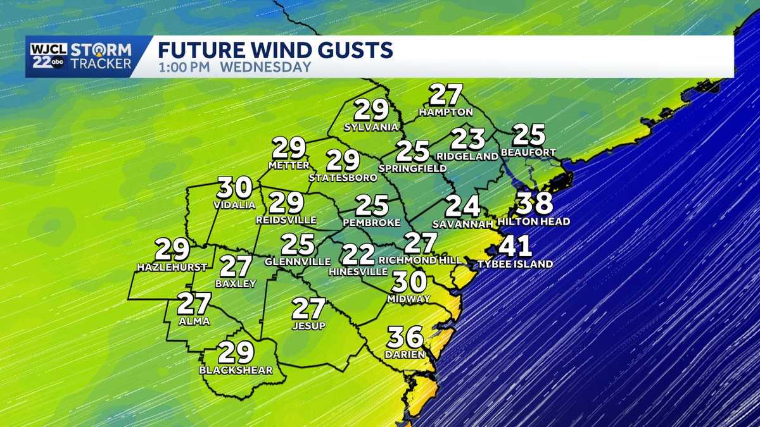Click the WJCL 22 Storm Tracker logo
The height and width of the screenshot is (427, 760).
click(79, 56)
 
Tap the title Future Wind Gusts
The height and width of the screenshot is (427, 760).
click(275, 49)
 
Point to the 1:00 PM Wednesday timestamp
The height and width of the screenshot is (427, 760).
click(234, 67)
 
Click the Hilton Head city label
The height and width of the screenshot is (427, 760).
click(534, 221)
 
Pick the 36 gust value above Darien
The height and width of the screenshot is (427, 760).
click(405, 337)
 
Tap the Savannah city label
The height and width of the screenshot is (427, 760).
click(462, 224)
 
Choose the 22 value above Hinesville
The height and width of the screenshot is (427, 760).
click(358, 254)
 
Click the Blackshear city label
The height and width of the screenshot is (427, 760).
click(236, 370)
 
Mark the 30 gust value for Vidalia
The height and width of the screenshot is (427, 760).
click(235, 187)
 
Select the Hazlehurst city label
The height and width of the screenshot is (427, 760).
click(163, 268)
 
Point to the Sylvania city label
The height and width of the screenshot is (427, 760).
click(371, 127)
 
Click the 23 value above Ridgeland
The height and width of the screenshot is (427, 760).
click(468, 139)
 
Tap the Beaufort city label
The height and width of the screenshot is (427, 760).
click(528, 152)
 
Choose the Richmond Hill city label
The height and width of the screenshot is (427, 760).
click(416, 260)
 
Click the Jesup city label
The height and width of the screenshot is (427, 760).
click(308, 326)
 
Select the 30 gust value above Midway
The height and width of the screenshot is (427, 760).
click(408, 282)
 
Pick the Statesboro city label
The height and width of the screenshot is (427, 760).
click(343, 178)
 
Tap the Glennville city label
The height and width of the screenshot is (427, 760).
click(297, 261)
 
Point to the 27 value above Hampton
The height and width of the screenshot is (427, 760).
click(446, 95)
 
